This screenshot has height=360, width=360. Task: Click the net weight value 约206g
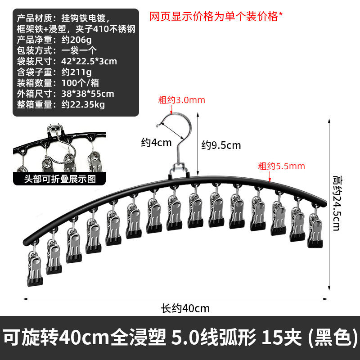click(x=76, y=40)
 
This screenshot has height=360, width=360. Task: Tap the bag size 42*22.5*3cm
click(x=89, y=61)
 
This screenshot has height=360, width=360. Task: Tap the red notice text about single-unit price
click(x=216, y=17)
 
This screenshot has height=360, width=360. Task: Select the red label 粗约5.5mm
click(x=281, y=166)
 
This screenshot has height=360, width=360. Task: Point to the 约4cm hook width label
click(x=156, y=143)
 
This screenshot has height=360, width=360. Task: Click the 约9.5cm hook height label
click(x=220, y=145)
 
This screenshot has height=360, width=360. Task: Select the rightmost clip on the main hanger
click(x=315, y=232)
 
